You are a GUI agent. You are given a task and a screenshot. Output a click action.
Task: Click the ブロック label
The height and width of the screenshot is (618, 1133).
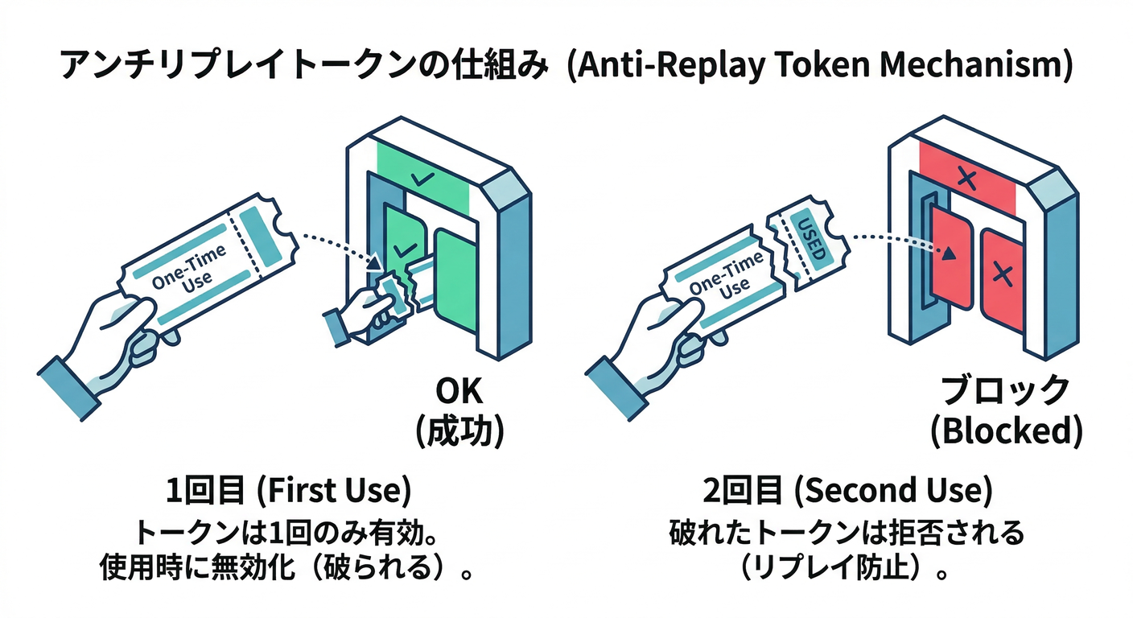1005,392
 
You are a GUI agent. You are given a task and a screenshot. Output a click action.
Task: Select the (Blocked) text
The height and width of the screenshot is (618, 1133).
1005,432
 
